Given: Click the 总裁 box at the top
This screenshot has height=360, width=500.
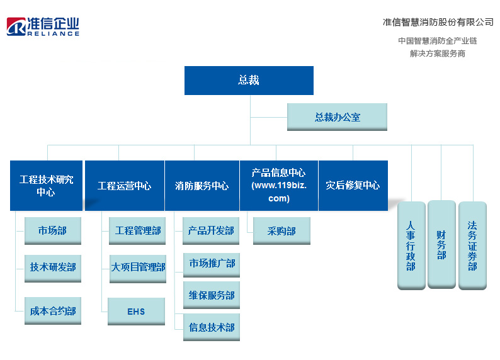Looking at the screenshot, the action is tap(249, 81).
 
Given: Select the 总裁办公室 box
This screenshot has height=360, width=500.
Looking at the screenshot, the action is tap(337, 117).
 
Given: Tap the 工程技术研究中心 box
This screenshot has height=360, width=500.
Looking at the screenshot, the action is tap(46, 186).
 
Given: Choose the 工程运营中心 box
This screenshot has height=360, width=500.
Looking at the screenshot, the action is tap(124, 186).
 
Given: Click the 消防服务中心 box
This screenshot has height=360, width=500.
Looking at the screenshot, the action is tap(202, 186).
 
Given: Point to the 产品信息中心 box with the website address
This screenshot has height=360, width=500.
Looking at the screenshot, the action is tap(279, 186).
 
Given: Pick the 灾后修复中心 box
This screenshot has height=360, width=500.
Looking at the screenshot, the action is tap(353, 186).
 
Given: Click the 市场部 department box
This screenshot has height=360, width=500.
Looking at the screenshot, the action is tap(53, 230).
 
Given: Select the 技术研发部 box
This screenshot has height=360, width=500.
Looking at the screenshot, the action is tap(53, 268).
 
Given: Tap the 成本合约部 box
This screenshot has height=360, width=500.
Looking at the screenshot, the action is tap(53, 311).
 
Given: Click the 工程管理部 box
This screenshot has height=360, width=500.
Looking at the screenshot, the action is tap(137, 230).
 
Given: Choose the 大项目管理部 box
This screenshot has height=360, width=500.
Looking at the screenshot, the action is tap(138, 269).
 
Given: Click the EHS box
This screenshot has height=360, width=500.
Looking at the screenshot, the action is tap(136, 312).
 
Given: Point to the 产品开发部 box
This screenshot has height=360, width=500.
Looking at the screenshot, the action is tap(211, 230).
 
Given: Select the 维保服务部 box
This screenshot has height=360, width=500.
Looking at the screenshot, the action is tap(212, 295).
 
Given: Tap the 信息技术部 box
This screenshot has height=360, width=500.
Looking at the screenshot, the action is tap(212, 327).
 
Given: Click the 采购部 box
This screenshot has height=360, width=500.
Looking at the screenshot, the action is tap(281, 230).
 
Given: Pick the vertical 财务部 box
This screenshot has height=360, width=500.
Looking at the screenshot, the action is tap(441, 245).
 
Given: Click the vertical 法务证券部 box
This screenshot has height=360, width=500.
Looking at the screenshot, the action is tap(472, 245).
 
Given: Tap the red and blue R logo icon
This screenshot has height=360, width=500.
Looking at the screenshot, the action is tap(16, 26).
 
